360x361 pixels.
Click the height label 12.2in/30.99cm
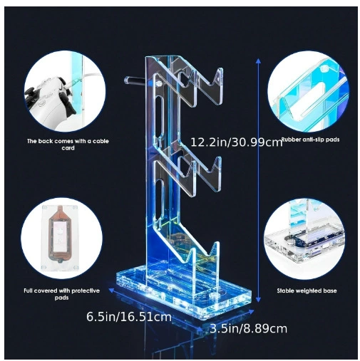(237, 142)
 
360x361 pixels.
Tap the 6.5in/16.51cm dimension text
(129, 317)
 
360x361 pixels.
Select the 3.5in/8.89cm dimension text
(248, 329)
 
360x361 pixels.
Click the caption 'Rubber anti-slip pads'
(310, 140)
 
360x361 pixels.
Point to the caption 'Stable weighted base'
(307, 291)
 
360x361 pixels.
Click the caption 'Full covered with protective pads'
(61, 294)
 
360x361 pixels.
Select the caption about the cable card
(68, 145)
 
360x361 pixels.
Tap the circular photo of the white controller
(65, 91)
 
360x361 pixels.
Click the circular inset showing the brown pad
(61, 238)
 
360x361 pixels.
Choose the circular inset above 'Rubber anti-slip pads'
(308, 91)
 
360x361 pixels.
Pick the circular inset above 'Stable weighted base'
(304, 239)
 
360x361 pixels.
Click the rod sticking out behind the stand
(135, 80)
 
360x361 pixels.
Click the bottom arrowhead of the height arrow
(258, 300)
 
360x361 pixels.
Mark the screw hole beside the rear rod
(159, 83)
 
